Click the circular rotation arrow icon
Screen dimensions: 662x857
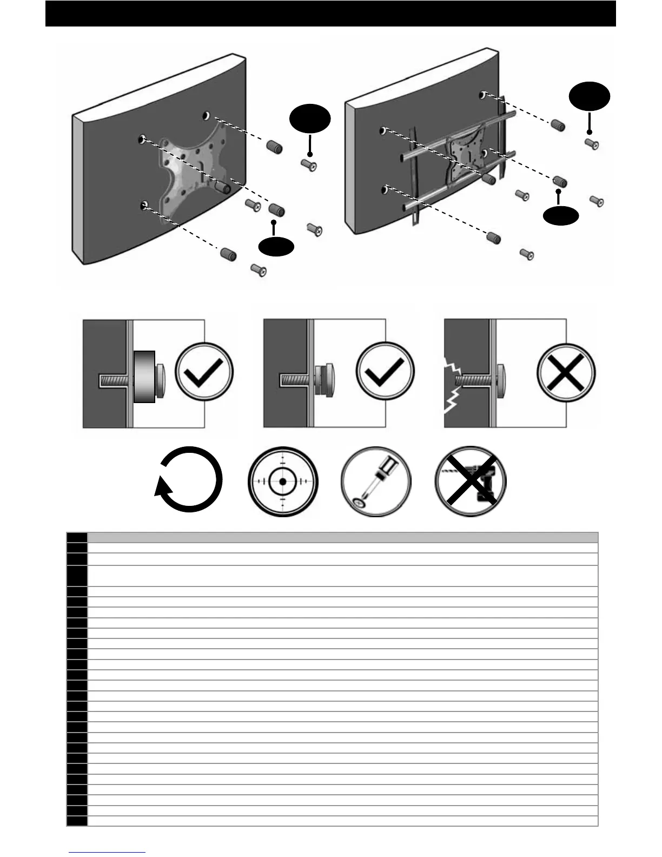pyautogui.click(x=189, y=480)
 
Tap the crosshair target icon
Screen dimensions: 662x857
pyautogui.click(x=282, y=481)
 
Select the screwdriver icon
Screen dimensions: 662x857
pyautogui.click(x=376, y=481)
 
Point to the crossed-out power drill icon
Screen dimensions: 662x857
pyautogui.click(x=471, y=481)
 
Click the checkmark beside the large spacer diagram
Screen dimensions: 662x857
pyautogui.click(x=204, y=373)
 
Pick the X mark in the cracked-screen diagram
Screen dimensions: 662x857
pyautogui.click(x=566, y=373)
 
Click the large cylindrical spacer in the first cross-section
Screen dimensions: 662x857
pyautogui.click(x=144, y=377)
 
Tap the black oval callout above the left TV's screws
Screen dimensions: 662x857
pyautogui.click(x=310, y=120)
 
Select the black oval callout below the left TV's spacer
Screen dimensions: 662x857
pyautogui.click(x=276, y=246)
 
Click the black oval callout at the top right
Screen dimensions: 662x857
pyautogui.click(x=590, y=96)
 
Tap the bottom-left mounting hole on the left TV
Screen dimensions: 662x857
pyautogui.click(x=144, y=205)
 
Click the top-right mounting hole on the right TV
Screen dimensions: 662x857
pyautogui.click(x=481, y=95)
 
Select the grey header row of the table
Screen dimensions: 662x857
pyautogui.click(x=342, y=537)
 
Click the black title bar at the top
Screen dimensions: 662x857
pyautogui.click(x=330, y=14)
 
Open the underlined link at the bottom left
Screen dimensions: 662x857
pyautogui.click(x=107, y=852)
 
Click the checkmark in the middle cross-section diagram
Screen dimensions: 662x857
pyautogui.click(x=385, y=373)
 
